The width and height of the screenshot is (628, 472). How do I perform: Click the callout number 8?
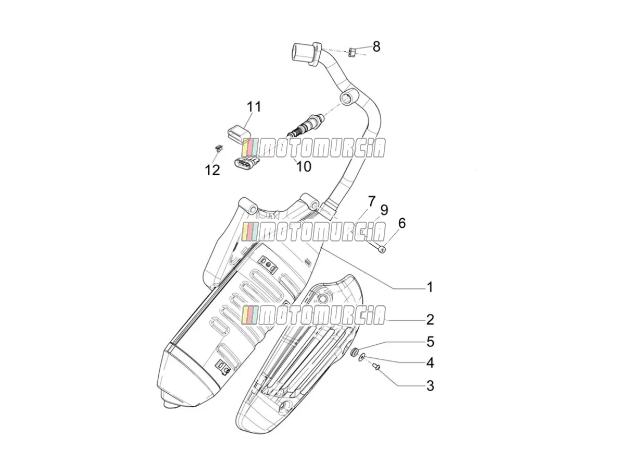coord(376,46)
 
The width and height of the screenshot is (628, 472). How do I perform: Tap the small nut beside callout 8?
coord(352,53)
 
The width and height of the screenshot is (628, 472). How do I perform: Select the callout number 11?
coord(254,107)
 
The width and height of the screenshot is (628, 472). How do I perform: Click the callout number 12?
coord(212,170)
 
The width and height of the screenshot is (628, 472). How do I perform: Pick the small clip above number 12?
coord(219,148)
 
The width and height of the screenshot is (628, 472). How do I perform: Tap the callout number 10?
coord(304,166)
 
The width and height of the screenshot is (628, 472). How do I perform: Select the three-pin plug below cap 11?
coord(247,164)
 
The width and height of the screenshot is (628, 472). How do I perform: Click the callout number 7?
coord(371,201)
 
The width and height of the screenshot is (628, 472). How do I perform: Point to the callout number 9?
coord(384,210)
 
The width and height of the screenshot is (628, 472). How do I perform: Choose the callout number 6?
coord(402,223)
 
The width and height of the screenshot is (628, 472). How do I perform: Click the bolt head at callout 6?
coord(383,250)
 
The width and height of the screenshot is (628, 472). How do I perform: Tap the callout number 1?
coord(430,287)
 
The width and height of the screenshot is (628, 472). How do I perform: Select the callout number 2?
coord(430,320)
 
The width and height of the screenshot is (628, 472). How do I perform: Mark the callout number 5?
coord(430,342)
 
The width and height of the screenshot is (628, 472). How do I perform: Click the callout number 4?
coord(430,363)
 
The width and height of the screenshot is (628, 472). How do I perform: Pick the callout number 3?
coord(430,386)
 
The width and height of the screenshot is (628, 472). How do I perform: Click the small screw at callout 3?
coord(376,367)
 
